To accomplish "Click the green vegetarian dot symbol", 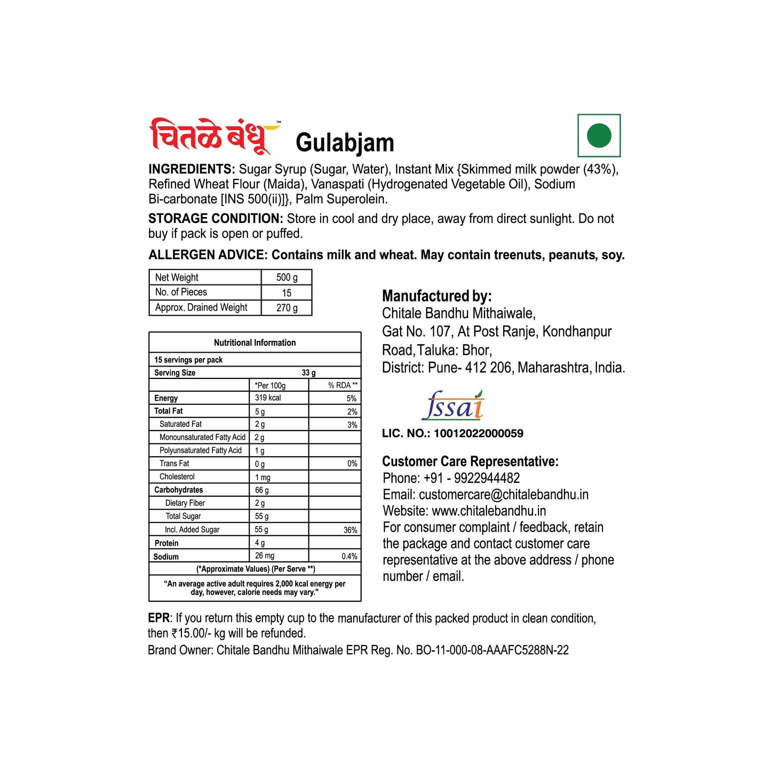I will click(x=599, y=136).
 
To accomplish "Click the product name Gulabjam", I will click(x=345, y=142).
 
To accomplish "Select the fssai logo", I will click(x=452, y=406).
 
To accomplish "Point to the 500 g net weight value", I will click(x=287, y=277).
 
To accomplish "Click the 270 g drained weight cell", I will click(x=287, y=308).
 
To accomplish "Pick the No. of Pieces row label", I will click(x=181, y=292).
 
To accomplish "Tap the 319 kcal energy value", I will click(x=268, y=398).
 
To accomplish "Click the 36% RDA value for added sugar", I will click(x=350, y=530).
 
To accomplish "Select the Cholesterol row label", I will click(x=177, y=477).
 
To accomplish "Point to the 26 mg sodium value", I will click(x=265, y=556).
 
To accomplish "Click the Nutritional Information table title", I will click(x=255, y=343).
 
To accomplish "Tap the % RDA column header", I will click(x=343, y=385).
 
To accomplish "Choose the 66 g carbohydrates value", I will click(x=261, y=490).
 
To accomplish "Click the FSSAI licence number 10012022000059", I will click(x=478, y=433).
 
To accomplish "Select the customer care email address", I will click(x=503, y=495).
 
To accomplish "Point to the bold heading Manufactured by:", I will click(x=436, y=296).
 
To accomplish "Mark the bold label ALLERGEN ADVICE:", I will click(x=208, y=255).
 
